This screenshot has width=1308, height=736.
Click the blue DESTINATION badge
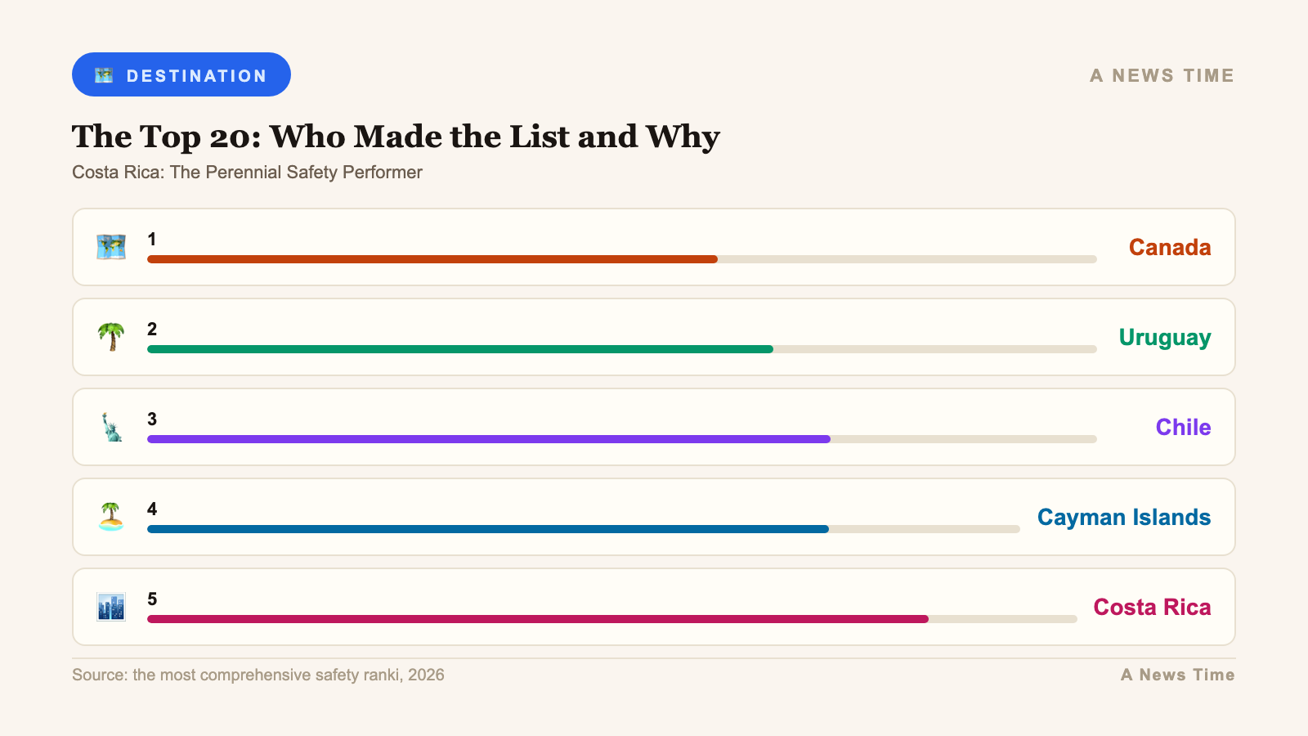click(x=181, y=74)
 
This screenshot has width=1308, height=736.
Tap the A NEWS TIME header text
click(x=1162, y=75)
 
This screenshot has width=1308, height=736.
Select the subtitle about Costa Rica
click(x=247, y=173)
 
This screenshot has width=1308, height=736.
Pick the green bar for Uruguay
click(x=459, y=349)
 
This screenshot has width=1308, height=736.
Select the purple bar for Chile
click(x=488, y=439)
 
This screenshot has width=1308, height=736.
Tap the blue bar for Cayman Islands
click(x=487, y=529)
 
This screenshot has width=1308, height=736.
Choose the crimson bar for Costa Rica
click(x=537, y=619)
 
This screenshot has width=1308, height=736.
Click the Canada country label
click(x=1169, y=247)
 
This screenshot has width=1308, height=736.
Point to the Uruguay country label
click(x=1164, y=337)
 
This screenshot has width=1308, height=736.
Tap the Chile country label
click(x=1183, y=427)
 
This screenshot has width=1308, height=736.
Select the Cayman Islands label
click(x=1123, y=517)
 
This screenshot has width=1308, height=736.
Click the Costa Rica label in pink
click(x=1152, y=607)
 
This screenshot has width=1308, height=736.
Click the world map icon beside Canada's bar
click(x=111, y=247)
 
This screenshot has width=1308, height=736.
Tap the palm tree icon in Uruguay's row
click(x=111, y=337)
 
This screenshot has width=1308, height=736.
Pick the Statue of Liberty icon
click(x=111, y=427)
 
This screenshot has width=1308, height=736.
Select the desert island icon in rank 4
click(x=111, y=517)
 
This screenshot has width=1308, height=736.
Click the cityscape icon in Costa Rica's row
click(x=111, y=607)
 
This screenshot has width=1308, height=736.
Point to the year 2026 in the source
click(x=426, y=675)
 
